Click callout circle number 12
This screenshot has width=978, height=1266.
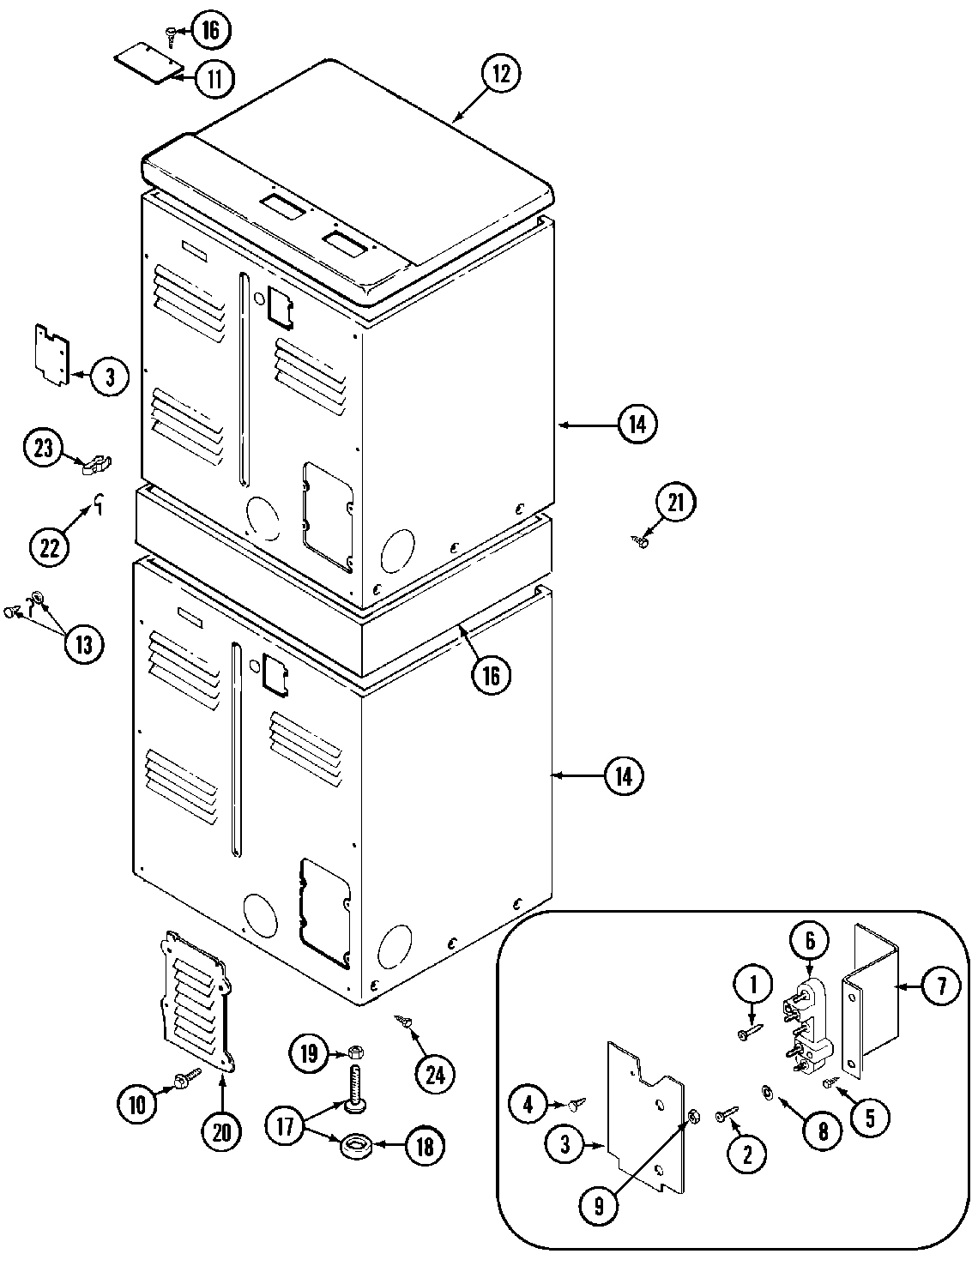click(x=500, y=74)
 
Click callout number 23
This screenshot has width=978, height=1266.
click(x=44, y=448)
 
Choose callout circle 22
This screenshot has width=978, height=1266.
click(x=50, y=546)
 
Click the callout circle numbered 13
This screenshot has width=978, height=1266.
click(x=83, y=643)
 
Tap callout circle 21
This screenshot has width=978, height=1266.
click(x=676, y=503)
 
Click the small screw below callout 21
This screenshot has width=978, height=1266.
click(x=641, y=540)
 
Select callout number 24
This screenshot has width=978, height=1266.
click(x=435, y=1073)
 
